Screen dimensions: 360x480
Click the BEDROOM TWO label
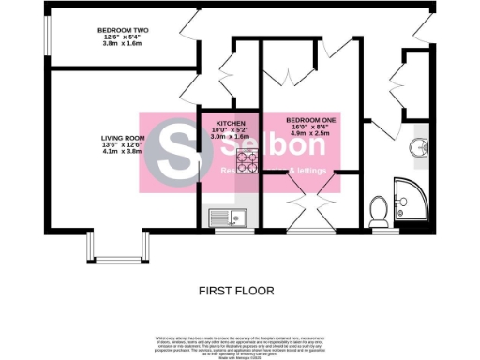click(124, 30)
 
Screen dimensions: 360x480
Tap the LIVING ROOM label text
click(123, 139)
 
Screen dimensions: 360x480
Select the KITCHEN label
click(231, 123)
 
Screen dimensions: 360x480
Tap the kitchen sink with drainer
click(228, 218)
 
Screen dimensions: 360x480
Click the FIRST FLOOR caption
click(236, 291)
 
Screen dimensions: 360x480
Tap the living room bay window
click(118, 248)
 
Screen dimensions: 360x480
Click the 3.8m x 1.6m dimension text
click(124, 44)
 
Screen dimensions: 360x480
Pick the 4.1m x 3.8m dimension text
click(123, 153)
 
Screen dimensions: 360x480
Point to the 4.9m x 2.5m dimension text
click(309, 134)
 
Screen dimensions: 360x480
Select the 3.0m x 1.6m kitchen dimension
click(231, 136)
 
